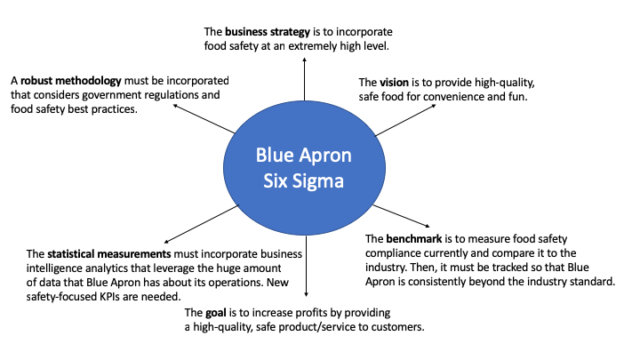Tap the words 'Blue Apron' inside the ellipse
(x=304, y=156)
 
